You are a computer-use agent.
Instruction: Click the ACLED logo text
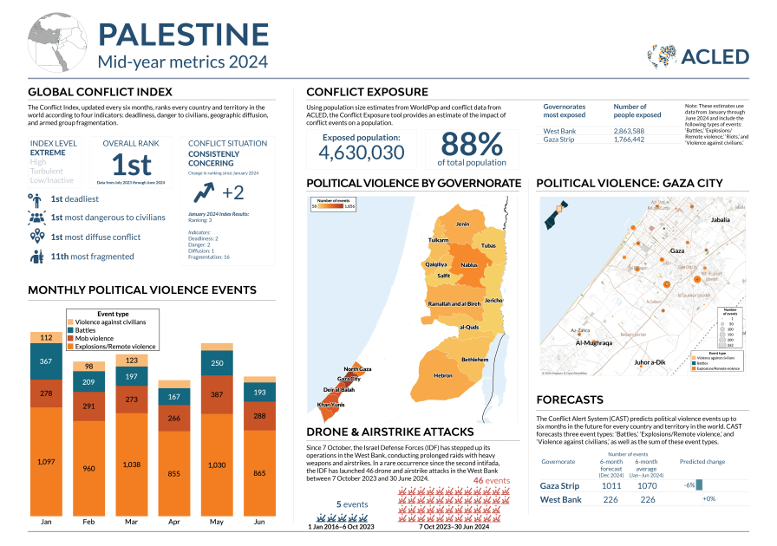716,56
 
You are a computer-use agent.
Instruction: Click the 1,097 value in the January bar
47,462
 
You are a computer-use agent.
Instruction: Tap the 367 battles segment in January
47,361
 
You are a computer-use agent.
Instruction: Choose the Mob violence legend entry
95,338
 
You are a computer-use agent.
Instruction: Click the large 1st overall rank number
131,165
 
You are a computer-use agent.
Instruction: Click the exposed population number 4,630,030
361,153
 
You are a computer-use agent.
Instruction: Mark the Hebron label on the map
443,375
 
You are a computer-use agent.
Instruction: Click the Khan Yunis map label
331,405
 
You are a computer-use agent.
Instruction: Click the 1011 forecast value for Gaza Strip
611,486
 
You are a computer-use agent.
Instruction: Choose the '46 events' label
491,480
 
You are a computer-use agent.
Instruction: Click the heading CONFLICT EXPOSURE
367,92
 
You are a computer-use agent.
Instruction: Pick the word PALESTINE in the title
183,34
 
